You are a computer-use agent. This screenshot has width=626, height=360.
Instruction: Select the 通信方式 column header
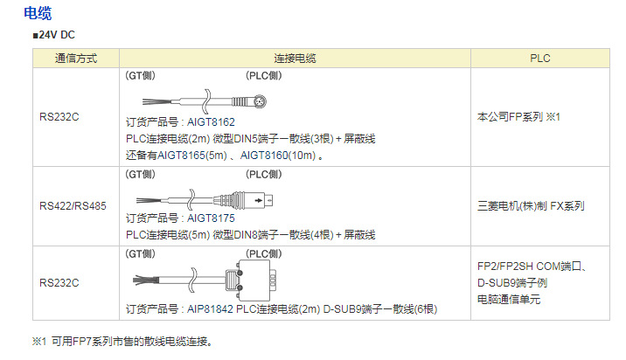pos(75,58)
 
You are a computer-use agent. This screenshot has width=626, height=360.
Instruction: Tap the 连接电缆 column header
pos(295,58)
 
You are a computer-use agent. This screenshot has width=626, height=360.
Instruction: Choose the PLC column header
pos(540,58)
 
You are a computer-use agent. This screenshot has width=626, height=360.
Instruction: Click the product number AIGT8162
pos(211,122)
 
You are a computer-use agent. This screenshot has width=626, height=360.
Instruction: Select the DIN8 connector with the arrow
pos(262,197)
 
